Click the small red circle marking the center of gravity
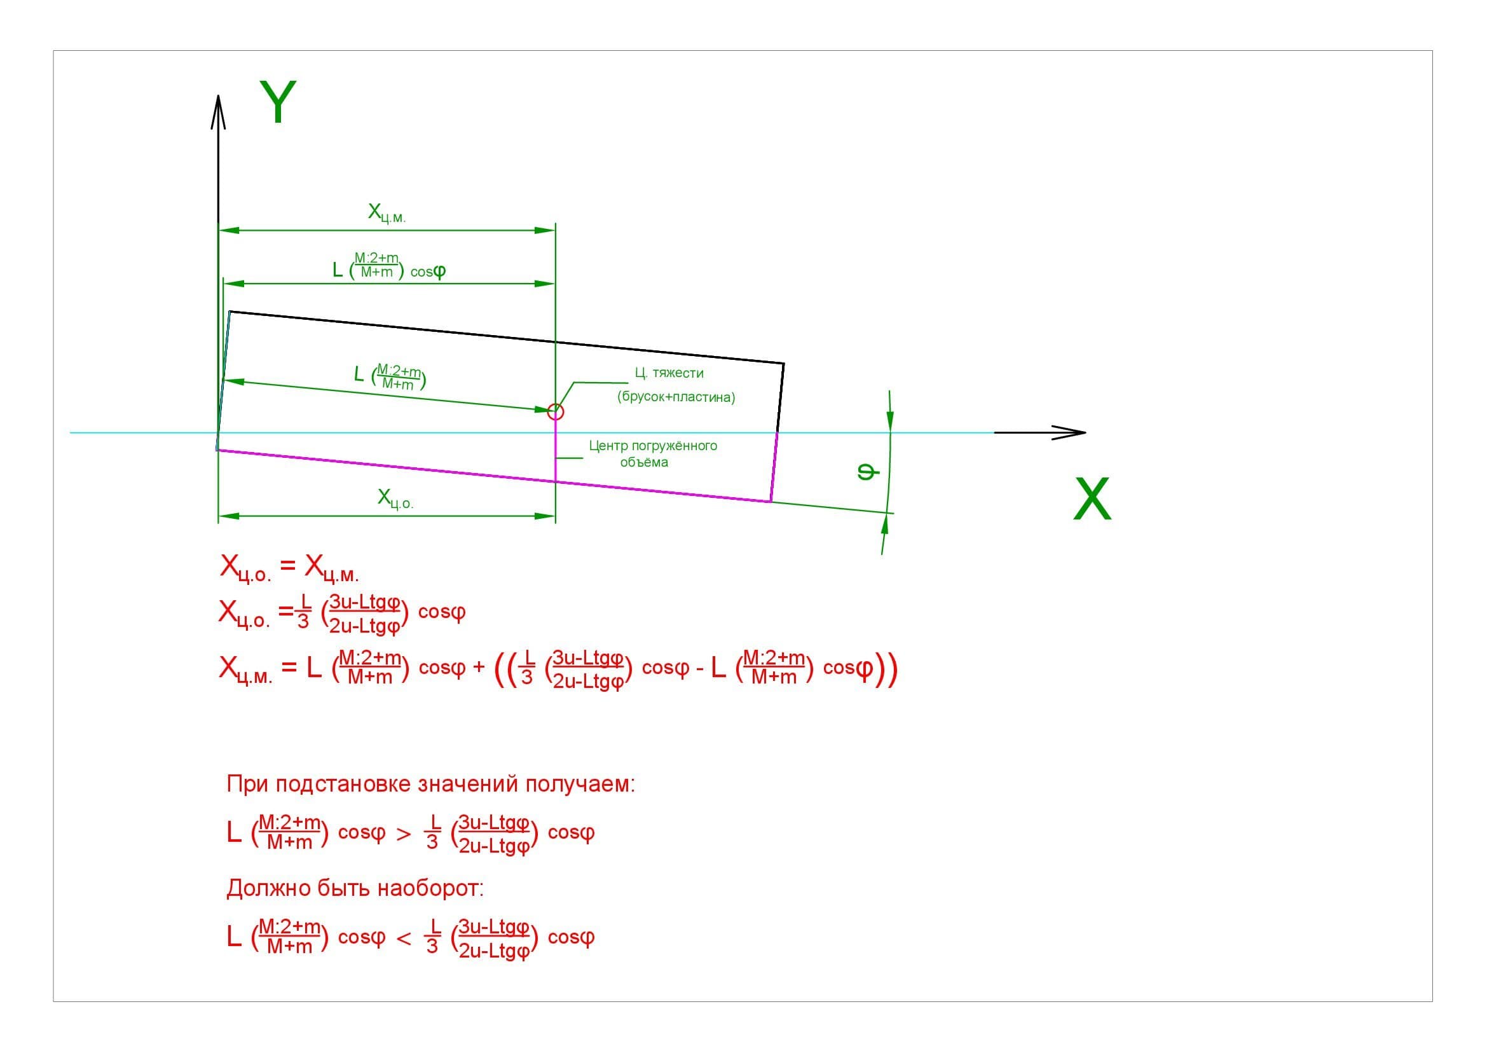point(555,411)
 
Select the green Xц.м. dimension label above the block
point(387,213)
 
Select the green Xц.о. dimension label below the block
point(395,498)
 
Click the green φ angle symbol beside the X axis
point(868,471)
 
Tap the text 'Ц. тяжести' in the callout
point(669,373)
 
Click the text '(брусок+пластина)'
point(676,397)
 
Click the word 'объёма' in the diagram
point(644,462)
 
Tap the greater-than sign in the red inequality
point(404,834)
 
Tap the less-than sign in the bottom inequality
point(404,938)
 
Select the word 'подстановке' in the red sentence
point(343,784)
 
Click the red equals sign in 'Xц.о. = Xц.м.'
point(287,566)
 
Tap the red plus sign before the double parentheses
point(479,668)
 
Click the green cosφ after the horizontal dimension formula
point(427,271)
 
